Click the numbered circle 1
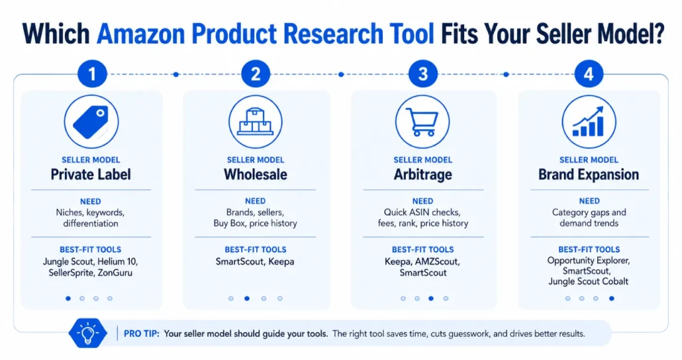click(x=92, y=74)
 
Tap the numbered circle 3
click(x=422, y=74)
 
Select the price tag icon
click(x=91, y=122)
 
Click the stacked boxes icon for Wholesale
click(x=256, y=122)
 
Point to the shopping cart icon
click(x=422, y=122)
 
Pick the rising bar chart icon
click(x=589, y=122)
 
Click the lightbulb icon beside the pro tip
click(x=88, y=334)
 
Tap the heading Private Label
click(x=91, y=175)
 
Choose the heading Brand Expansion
click(x=589, y=175)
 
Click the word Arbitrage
click(x=422, y=175)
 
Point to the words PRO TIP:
click(x=142, y=334)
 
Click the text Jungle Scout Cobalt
click(x=589, y=281)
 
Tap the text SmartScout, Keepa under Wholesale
click(x=255, y=262)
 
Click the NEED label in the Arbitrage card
click(x=422, y=201)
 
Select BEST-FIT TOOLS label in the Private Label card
click(x=91, y=249)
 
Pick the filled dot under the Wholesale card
click(x=247, y=298)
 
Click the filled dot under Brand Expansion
click(x=612, y=298)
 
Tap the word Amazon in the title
click(x=140, y=34)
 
